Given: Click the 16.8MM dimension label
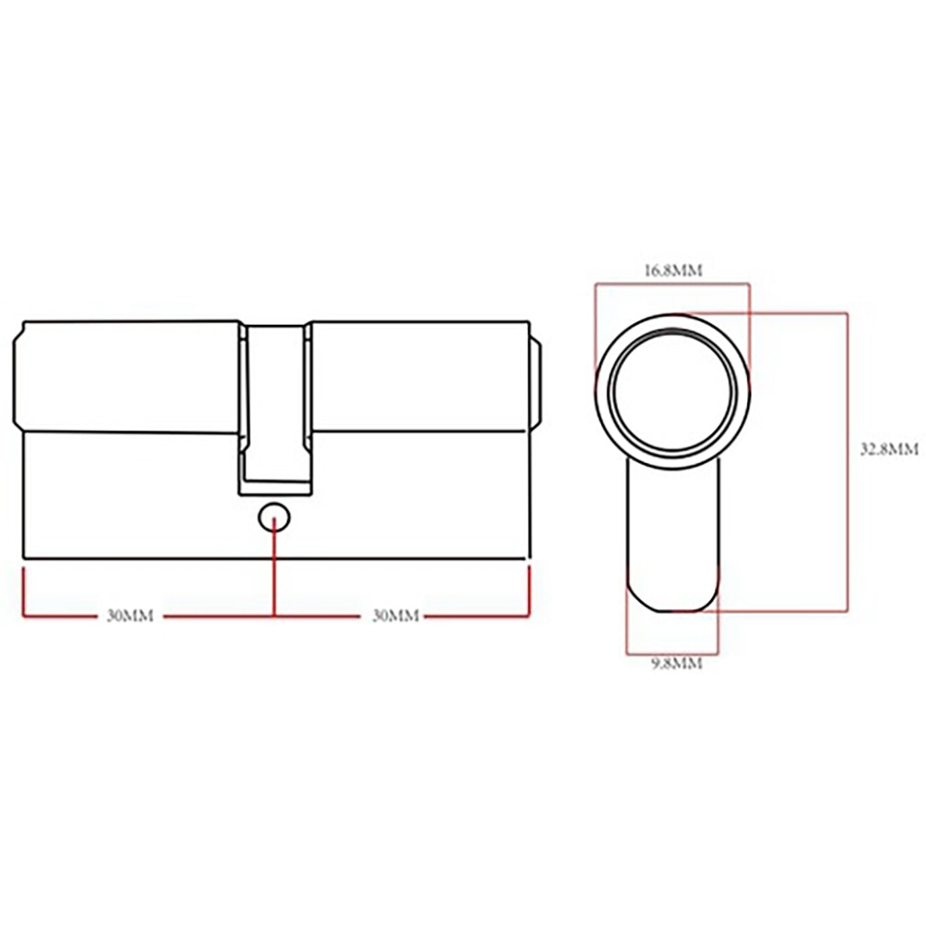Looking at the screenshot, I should tap(673, 270).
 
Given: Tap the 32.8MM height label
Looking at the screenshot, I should tap(888, 449).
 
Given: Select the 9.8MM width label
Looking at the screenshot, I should tap(673, 663).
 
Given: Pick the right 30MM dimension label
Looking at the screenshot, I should tap(395, 616).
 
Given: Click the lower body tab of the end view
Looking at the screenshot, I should tap(673, 537).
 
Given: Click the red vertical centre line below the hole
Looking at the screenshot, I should tap(274, 574).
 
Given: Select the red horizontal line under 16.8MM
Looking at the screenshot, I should tap(673, 284).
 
